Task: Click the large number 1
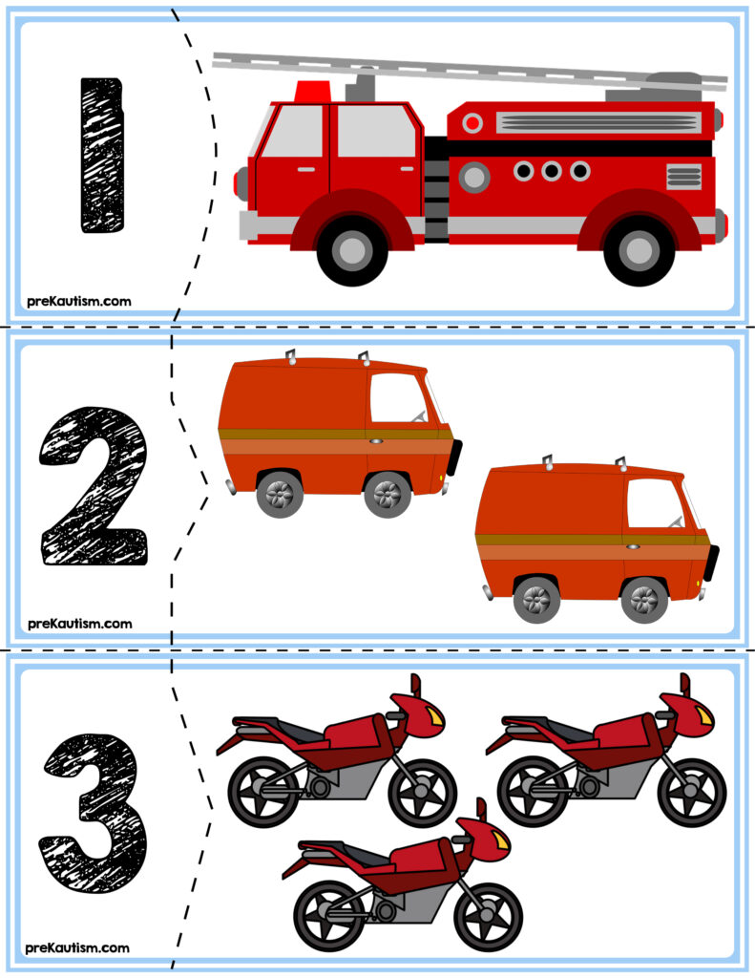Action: (x=102, y=156)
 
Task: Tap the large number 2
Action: (x=94, y=486)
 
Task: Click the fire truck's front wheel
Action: (x=353, y=249)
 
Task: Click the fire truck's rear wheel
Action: (x=639, y=249)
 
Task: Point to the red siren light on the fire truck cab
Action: (x=313, y=91)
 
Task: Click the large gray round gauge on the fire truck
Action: (x=474, y=177)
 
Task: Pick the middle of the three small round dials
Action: (x=552, y=170)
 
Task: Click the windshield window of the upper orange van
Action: (x=398, y=398)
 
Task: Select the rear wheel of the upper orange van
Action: (x=280, y=494)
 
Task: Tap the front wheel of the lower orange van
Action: (x=644, y=600)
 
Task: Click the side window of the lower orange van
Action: (x=655, y=503)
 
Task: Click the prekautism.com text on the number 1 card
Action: (x=79, y=301)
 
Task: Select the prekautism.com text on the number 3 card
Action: (x=78, y=948)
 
